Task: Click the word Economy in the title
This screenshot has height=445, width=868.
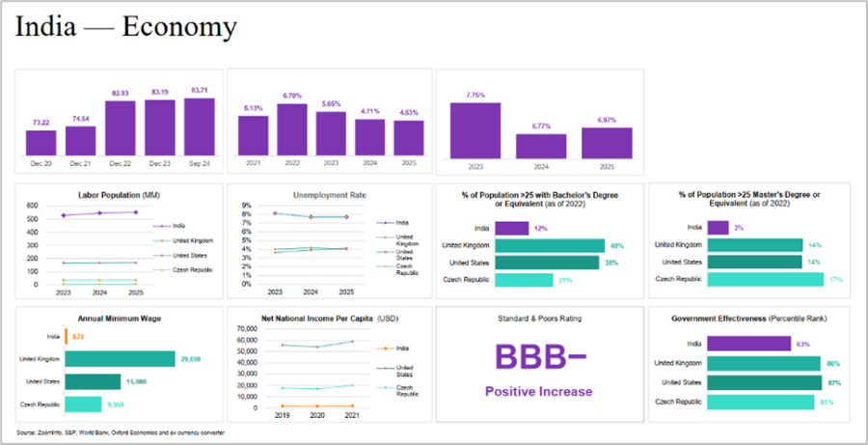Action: click(x=179, y=27)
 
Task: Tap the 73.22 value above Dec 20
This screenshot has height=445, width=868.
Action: click(x=40, y=123)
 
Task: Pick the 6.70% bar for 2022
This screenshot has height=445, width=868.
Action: click(x=291, y=130)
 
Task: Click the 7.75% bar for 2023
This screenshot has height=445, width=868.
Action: click(x=475, y=130)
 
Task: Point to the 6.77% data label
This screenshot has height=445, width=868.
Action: click(x=540, y=125)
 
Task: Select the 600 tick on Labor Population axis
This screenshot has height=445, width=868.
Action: click(x=32, y=206)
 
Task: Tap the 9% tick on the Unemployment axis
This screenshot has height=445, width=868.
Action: click(x=246, y=206)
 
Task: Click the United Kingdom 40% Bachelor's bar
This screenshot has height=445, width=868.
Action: click(x=550, y=246)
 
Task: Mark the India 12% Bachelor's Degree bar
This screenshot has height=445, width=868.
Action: click(x=511, y=229)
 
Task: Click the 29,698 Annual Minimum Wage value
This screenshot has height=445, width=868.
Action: click(x=189, y=359)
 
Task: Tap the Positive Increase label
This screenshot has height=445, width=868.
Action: click(x=538, y=391)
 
